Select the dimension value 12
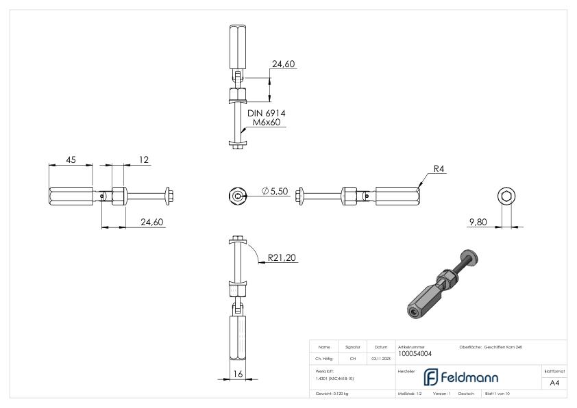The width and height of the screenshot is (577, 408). coord(144,160)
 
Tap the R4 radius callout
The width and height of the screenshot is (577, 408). coord(439,169)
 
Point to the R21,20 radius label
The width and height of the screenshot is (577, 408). coord(282,257)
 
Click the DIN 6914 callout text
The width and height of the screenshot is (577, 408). coord(266,113)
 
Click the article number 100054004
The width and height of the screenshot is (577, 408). coord(415,354)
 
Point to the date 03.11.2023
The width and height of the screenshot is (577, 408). coord(380,357)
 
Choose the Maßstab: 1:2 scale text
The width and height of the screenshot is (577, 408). coord(409,394)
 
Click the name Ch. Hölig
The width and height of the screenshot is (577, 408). coord(324,357)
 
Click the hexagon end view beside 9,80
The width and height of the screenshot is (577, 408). coord(506,196)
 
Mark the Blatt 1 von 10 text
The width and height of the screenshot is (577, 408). coord(498,394)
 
